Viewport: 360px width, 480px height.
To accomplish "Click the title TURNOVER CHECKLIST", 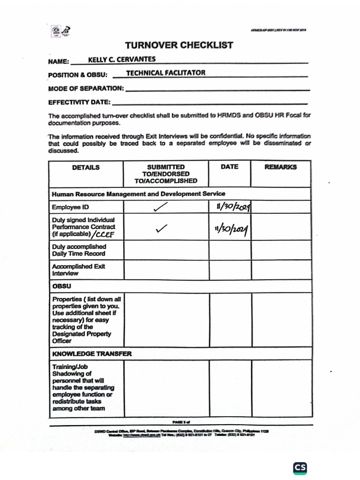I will tap(179, 45).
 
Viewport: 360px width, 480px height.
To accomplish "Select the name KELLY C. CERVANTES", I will tap(122, 59).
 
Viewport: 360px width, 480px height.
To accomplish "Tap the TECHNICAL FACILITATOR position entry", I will tap(165, 73).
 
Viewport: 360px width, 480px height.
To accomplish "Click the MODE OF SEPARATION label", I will tap(86, 88).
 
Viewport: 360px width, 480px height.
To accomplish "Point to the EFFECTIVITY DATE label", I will tap(79, 102).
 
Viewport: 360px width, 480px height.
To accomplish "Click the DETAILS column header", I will tap(86, 167).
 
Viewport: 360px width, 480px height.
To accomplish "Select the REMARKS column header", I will tap(281, 167).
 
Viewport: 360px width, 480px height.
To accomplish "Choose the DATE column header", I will tap(229, 167).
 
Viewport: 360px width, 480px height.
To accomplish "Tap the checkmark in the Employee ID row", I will tap(160, 207).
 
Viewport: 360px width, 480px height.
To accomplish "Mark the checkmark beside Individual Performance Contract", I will tap(161, 228).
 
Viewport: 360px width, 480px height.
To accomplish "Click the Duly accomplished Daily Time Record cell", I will tap(79, 250).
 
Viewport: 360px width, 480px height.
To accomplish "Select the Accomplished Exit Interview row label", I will tap(78, 270).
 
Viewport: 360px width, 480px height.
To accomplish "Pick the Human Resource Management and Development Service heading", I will tap(138, 194).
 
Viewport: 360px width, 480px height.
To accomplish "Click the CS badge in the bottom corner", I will tap(300, 468).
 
